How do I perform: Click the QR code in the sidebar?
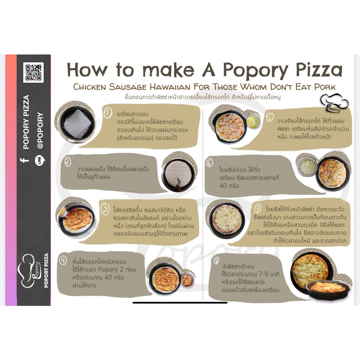pyautogui.click(x=33, y=72)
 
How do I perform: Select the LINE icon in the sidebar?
pyautogui.click(x=40, y=160)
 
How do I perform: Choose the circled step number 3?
pyautogui.click(x=105, y=209)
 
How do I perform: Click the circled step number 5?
pyautogui.click(x=270, y=117)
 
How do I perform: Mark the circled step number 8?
pyautogui.click(x=216, y=261)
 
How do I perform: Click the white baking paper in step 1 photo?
pyautogui.click(x=77, y=124)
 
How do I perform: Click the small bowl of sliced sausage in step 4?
pyautogui.click(x=187, y=280)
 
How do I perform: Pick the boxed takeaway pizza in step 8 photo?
pyautogui.click(x=328, y=290)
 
